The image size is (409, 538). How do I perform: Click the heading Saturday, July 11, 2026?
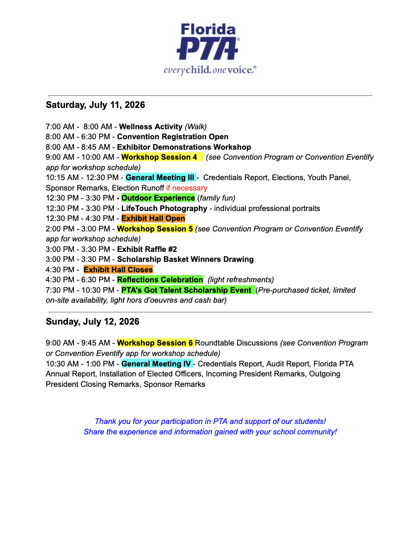pyautogui.click(x=95, y=105)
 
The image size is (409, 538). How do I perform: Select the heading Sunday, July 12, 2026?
pyautogui.click(x=92, y=322)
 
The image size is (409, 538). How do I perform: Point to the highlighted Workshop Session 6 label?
pyautogui.click(x=155, y=343)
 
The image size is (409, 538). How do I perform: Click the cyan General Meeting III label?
pyautogui.click(x=160, y=178)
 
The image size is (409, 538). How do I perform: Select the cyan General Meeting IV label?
pyautogui.click(x=157, y=364)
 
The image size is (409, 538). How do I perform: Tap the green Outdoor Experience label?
pyautogui.click(x=158, y=198)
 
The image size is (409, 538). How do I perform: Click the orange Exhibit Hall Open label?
pyautogui.click(x=153, y=219)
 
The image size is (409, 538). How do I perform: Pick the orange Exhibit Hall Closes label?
pyautogui.click(x=118, y=270)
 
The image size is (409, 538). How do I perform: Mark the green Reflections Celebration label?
pyautogui.click(x=160, y=280)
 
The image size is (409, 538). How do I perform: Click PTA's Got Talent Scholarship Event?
pyautogui.click(x=186, y=290)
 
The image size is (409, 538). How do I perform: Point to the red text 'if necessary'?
pyautogui.click(x=186, y=188)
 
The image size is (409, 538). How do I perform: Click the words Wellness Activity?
pyautogui.click(x=150, y=127)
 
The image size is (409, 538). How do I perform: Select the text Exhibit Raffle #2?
pyautogui.click(x=147, y=250)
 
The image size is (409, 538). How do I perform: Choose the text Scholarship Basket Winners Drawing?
pyautogui.click(x=185, y=259)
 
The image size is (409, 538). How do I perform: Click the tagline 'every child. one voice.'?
pyautogui.click(x=210, y=69)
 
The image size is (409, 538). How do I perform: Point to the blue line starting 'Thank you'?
pyautogui.click(x=210, y=422)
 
